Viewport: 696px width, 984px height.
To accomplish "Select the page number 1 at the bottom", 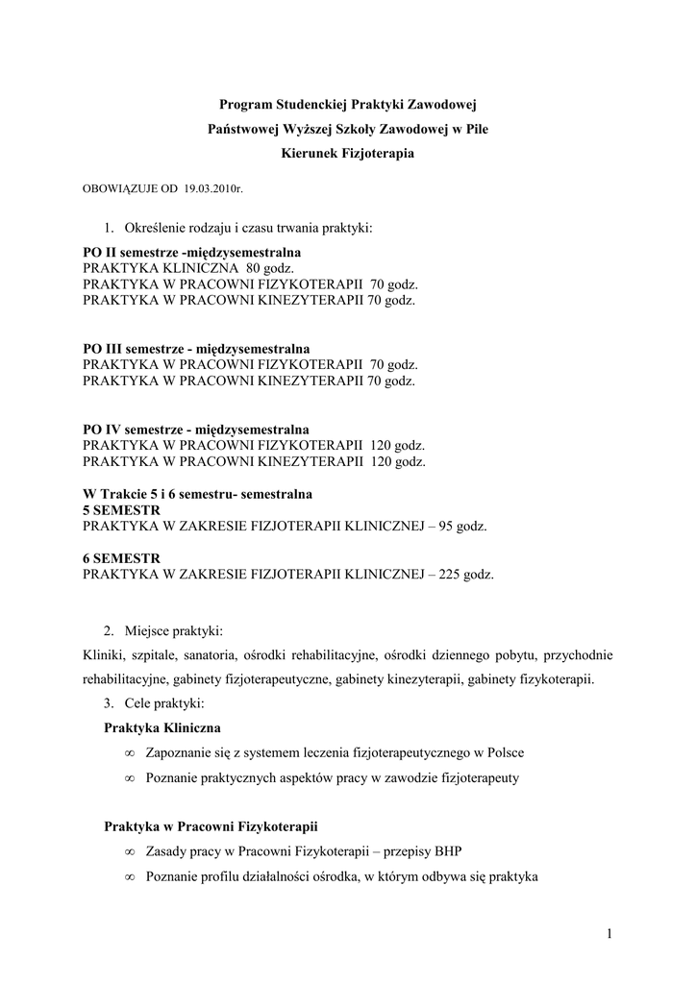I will coord(609,934).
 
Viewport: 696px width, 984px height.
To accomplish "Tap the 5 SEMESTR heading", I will coord(121,509).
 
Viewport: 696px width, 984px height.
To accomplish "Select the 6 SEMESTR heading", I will coord(121,558).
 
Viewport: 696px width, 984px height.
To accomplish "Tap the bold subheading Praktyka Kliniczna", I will coord(162,727).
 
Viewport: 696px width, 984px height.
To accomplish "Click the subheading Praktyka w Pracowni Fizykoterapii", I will coord(211,826).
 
